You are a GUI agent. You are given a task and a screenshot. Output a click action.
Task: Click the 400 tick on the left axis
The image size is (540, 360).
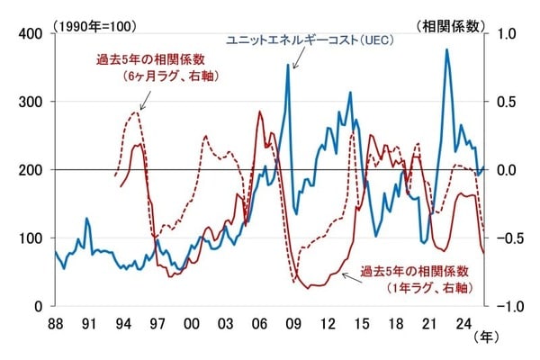[x=31, y=33]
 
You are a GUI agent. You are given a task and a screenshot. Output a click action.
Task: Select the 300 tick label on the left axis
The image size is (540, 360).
[x=31, y=102]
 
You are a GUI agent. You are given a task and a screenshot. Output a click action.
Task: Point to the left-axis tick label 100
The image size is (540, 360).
[x=31, y=238]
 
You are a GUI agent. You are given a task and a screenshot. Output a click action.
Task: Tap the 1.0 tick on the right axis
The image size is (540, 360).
[x=508, y=33]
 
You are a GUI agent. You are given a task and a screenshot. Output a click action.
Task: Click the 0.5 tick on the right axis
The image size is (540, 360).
[x=508, y=102]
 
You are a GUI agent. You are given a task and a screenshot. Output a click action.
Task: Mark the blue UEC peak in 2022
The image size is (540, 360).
[x=446, y=49]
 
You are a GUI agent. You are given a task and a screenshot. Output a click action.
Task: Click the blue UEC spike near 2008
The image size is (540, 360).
[x=289, y=64]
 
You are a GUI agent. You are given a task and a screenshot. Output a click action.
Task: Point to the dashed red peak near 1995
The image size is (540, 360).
[x=135, y=112]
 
